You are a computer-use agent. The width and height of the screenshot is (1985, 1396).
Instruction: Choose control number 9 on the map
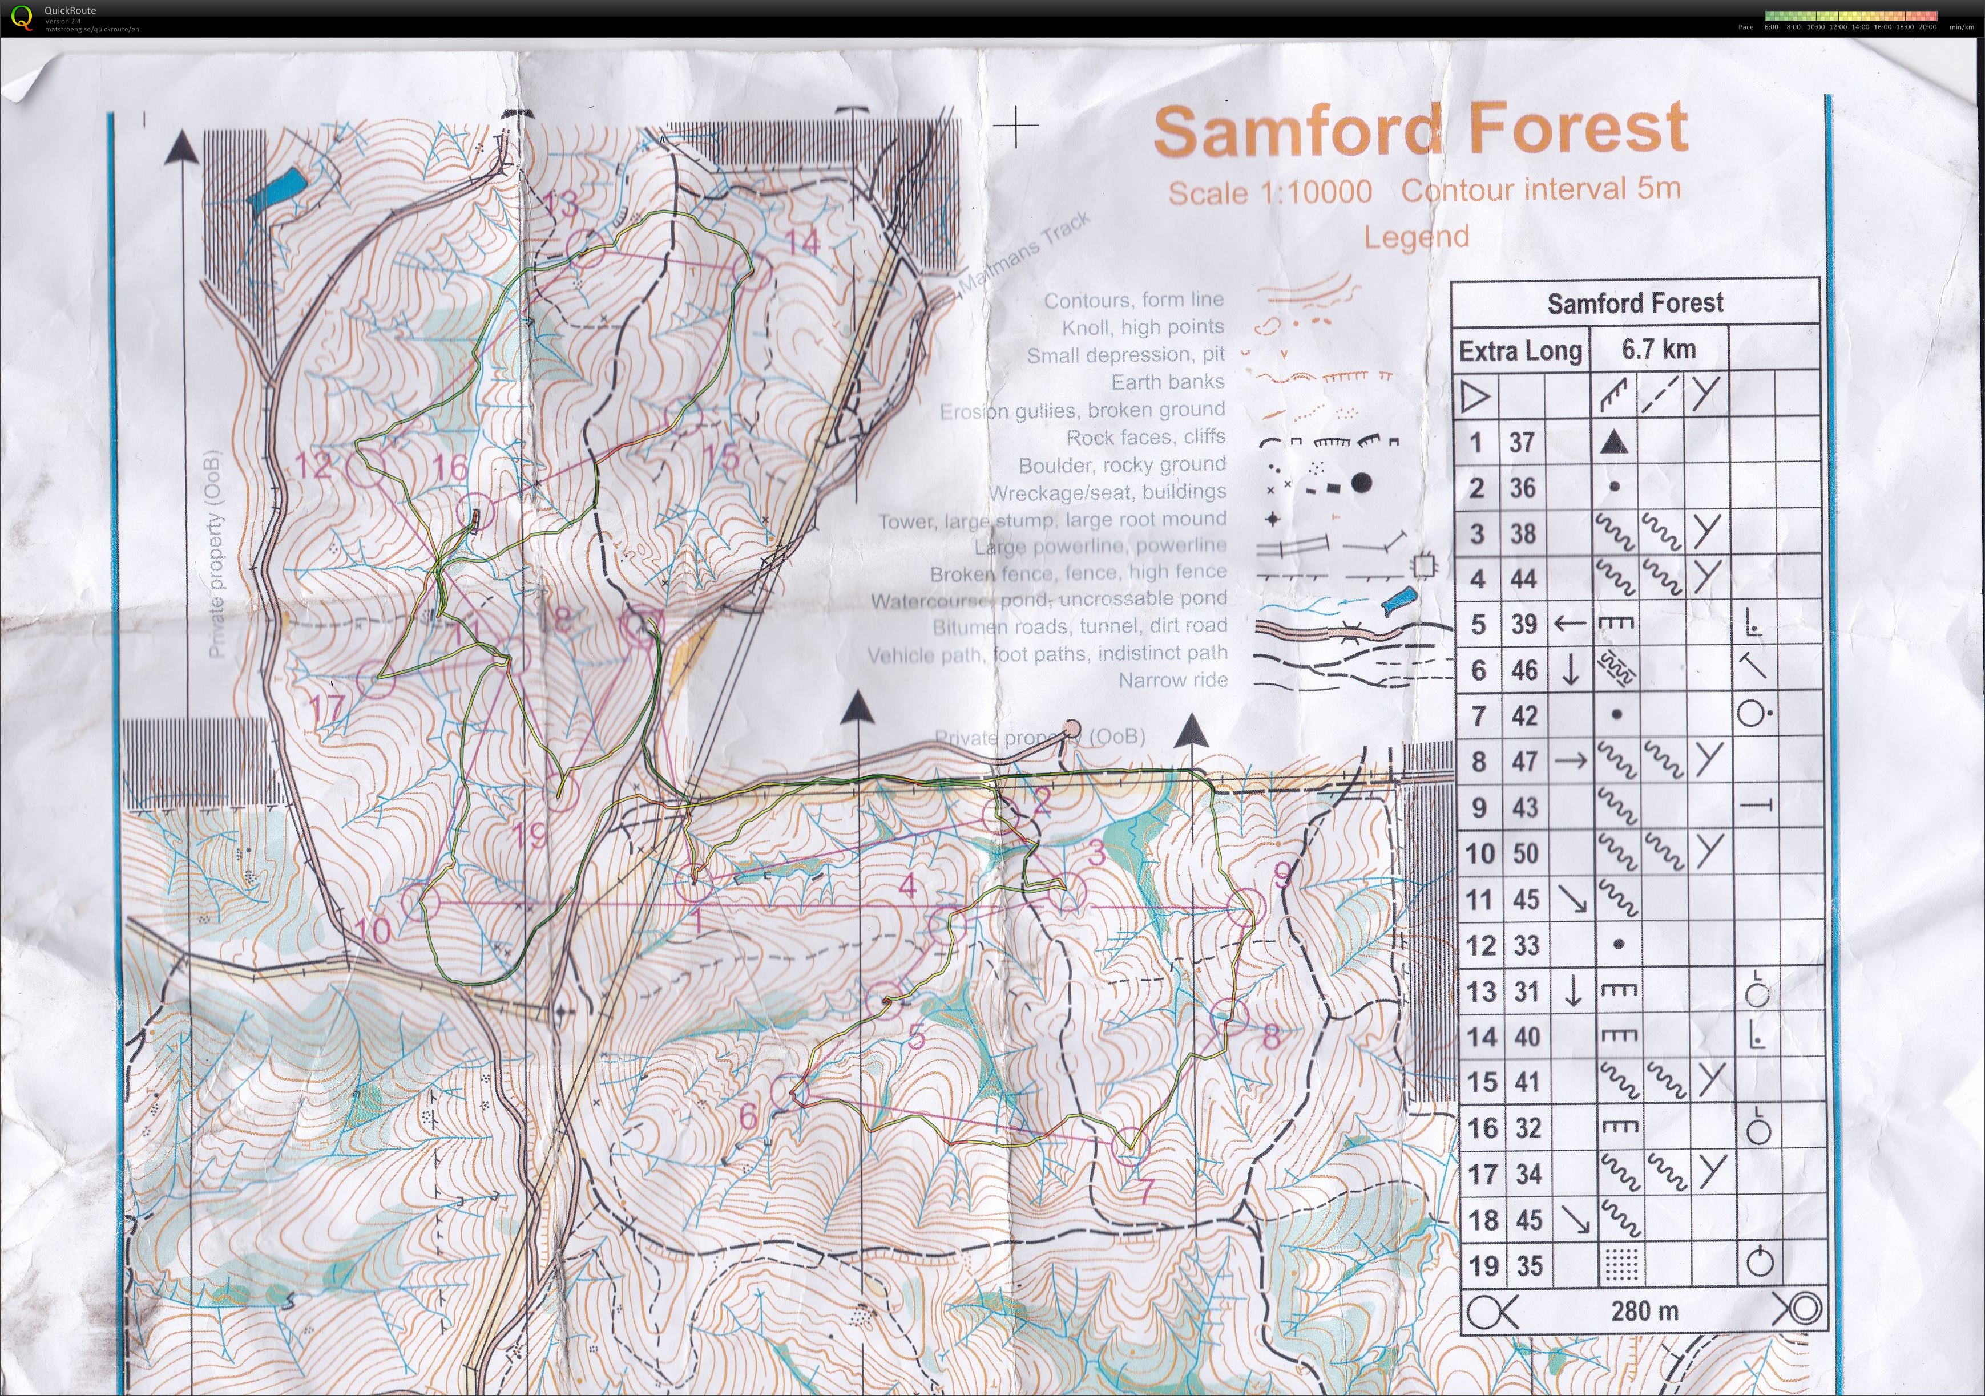(1284, 875)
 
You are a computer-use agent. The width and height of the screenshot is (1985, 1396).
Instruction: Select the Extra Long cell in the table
(1520, 351)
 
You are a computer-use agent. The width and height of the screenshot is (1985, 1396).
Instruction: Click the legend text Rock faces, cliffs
(1145, 438)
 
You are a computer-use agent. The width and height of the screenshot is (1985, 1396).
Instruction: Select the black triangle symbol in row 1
(1613, 443)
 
